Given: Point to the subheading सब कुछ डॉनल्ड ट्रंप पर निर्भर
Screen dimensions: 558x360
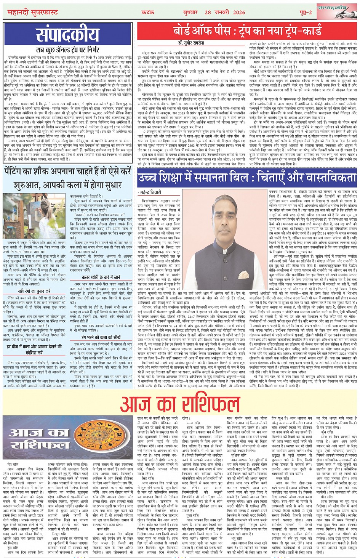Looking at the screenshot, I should click(x=67, y=50).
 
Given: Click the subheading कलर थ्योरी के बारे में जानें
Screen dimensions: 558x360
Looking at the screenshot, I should click(x=101, y=277).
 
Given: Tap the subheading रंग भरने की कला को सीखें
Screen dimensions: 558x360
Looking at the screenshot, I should click(x=101, y=337).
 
